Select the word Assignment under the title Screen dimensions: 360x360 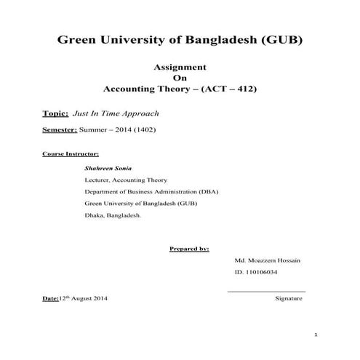coord(180,66)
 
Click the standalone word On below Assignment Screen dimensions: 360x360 coord(180,78)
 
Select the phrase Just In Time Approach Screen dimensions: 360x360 coord(116,113)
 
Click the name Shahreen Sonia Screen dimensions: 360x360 coord(108,168)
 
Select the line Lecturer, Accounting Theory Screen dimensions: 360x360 coord(126,180)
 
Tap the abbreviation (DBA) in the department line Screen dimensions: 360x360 coord(206,191)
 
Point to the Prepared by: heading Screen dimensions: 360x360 coord(189,248)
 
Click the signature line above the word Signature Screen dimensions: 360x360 coord(266,292)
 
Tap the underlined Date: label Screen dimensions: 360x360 coord(51,299)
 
